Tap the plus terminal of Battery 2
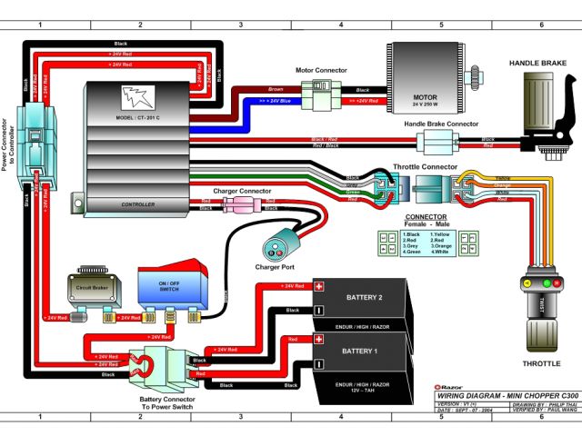click(x=319, y=285)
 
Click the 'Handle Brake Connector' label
click(x=441, y=124)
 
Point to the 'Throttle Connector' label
click(x=425, y=167)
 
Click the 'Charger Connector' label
click(x=242, y=192)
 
